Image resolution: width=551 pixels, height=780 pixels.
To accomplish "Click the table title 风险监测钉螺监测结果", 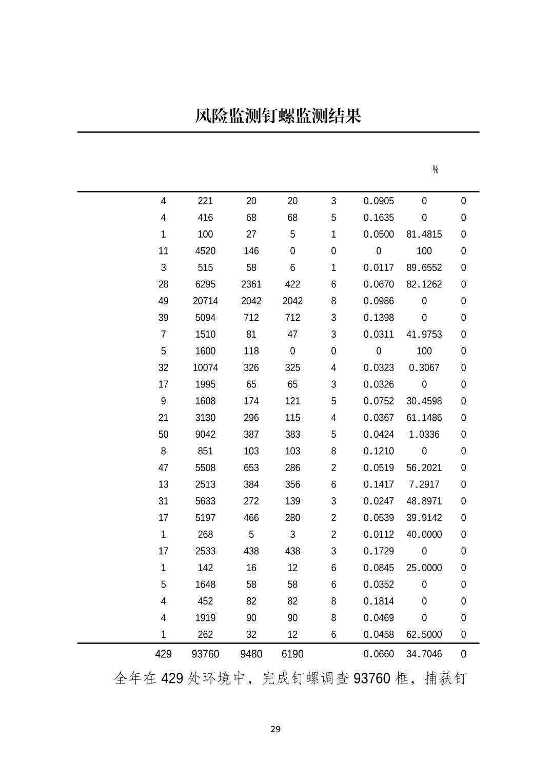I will coord(278,116).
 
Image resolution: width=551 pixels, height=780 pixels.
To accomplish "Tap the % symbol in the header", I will coord(435,170).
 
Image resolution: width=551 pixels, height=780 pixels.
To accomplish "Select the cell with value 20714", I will coord(205,301).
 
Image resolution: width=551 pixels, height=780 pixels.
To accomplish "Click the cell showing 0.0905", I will coord(379,201).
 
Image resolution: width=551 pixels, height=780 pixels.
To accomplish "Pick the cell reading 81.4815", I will coord(424,235).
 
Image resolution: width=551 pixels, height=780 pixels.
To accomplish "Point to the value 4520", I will coord(205,251).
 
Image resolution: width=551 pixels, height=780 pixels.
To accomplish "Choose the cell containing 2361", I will coord(251,284).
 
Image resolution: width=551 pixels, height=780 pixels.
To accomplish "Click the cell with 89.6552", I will coord(424,268).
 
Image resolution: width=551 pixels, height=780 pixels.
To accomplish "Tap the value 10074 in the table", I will coord(205,368).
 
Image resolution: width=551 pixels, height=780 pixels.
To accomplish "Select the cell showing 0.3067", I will coord(424,368).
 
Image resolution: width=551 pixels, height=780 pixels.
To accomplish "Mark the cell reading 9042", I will coord(205,435).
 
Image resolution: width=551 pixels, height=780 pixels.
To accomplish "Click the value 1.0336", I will coord(424,435).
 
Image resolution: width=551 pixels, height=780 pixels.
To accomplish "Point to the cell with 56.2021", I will coord(424,468).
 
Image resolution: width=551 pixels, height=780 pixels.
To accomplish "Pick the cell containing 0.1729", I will coord(379,551).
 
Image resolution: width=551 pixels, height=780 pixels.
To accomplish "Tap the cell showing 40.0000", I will coord(424,535).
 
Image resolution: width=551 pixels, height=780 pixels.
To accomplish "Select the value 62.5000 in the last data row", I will coord(424,635).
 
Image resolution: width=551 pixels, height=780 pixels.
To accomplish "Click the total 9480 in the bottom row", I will coord(251,654).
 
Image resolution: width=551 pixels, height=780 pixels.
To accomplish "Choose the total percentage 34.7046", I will coord(424,654).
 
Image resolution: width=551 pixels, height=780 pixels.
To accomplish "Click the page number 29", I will coord(275,729).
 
